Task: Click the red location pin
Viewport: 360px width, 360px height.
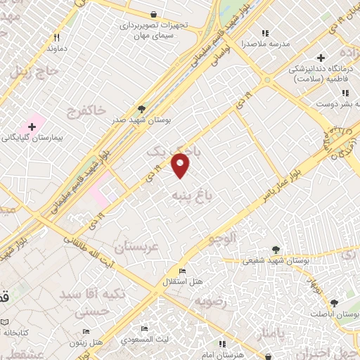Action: click(181, 165)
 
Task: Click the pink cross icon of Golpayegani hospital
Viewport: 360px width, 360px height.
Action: click(32, 125)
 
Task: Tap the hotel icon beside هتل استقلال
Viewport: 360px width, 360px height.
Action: click(183, 271)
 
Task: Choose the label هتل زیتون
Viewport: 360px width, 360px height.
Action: click(86, 342)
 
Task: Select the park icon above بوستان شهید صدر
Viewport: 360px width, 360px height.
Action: click(142, 109)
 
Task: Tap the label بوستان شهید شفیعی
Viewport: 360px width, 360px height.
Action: click(275, 260)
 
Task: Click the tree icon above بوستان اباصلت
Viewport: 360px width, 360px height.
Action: click(334, 303)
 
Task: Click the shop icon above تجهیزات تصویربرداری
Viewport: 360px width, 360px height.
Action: click(154, 14)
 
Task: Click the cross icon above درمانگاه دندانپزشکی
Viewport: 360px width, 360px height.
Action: click(321, 58)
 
